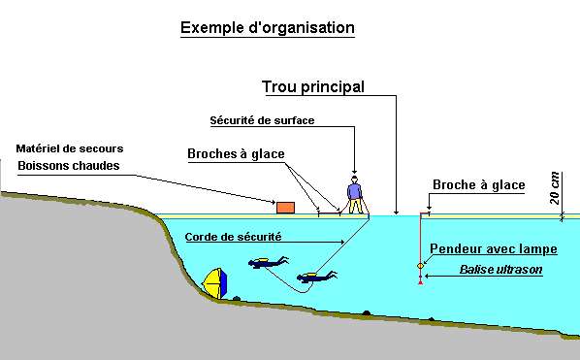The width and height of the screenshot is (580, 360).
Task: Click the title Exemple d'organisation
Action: [x=268, y=27]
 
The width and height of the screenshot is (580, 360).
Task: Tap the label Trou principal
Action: [x=313, y=86]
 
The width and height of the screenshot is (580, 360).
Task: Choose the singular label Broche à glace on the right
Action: [x=478, y=184]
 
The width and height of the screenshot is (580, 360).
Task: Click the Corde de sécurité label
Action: [x=233, y=236]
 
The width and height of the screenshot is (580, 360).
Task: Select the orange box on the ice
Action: [x=286, y=207]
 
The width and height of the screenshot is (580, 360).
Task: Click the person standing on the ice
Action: [x=355, y=195]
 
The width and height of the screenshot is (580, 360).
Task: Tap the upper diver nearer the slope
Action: [x=269, y=262]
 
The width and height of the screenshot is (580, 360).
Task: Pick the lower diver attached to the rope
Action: [x=319, y=278]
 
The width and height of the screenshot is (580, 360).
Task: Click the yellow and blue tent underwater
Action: [x=215, y=283]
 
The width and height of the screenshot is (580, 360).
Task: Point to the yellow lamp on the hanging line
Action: [x=420, y=265]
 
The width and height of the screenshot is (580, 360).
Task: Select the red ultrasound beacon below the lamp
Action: [x=420, y=280]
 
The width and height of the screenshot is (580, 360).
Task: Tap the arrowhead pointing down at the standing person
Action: [x=355, y=171]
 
